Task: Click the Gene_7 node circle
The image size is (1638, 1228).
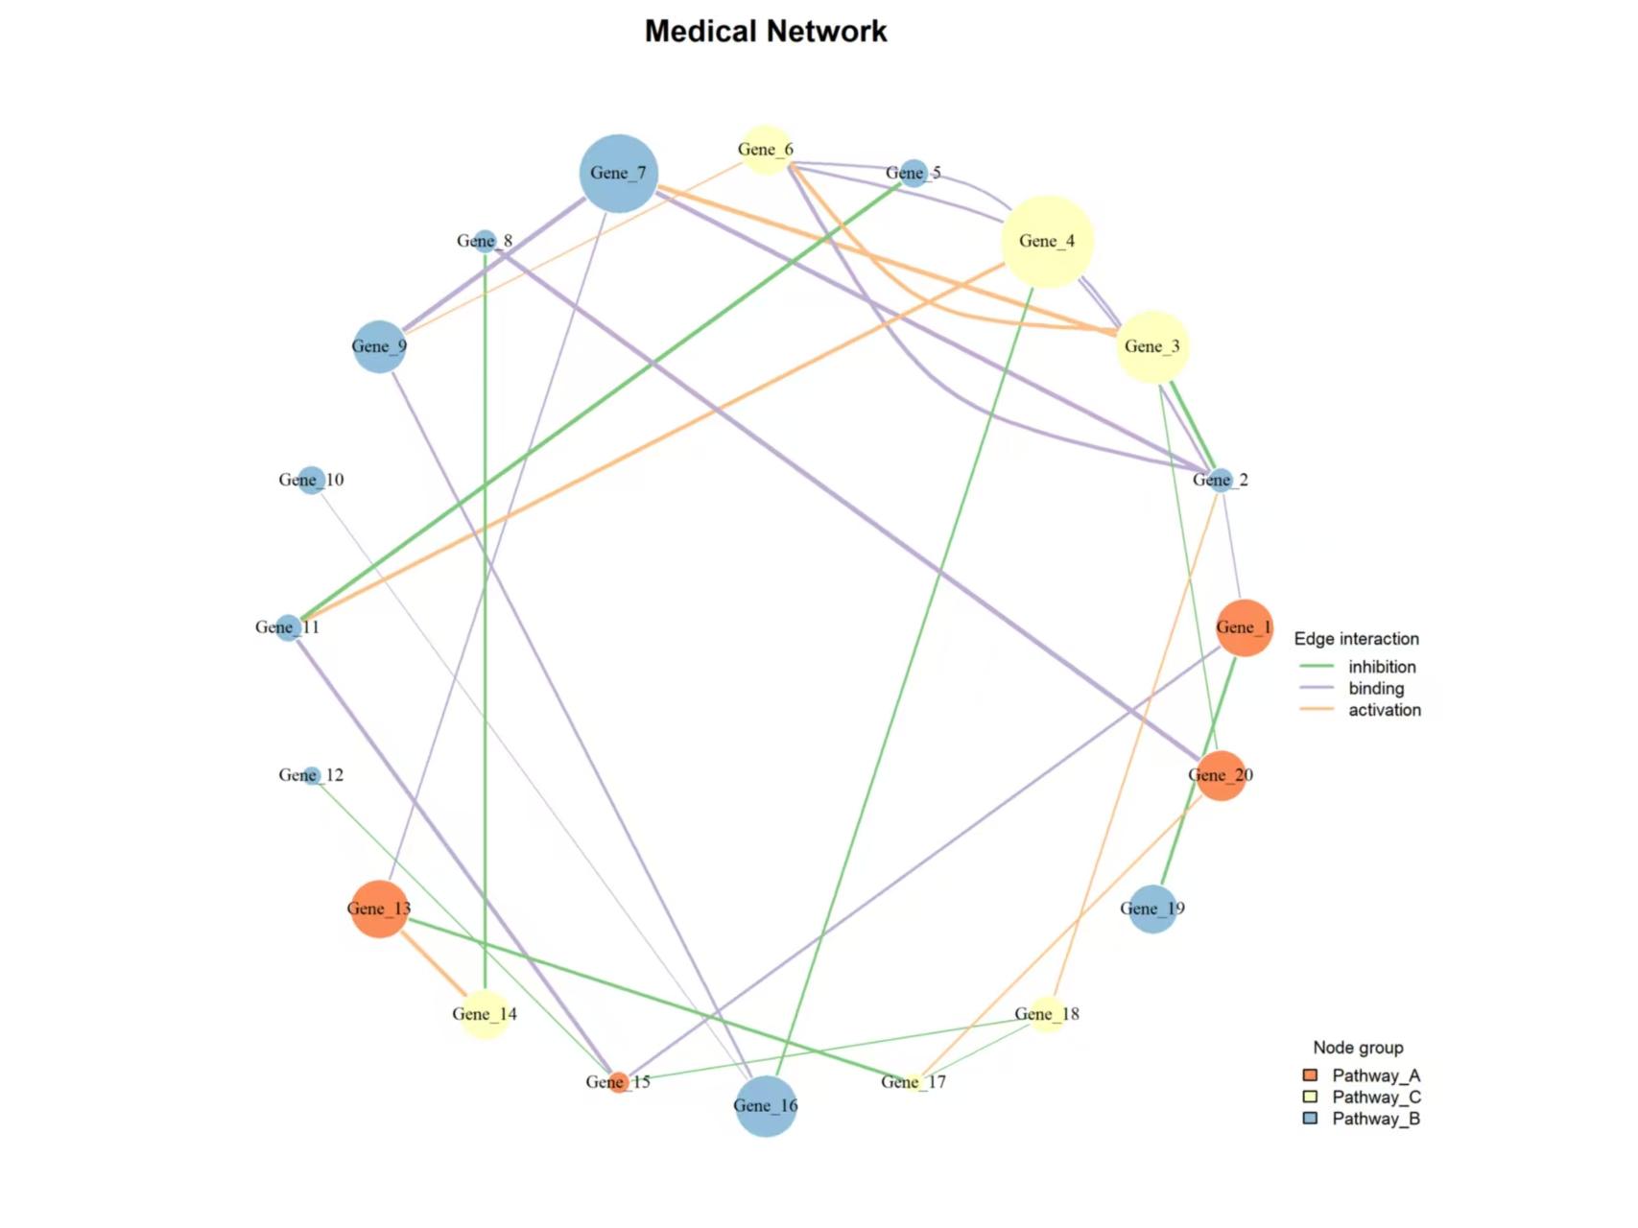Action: coord(619,174)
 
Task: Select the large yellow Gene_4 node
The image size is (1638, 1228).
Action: coord(1047,242)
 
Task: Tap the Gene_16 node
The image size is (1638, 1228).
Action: coord(766,1106)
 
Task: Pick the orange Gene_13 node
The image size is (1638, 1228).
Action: coord(380,909)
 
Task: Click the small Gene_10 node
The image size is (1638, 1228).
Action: coord(311,480)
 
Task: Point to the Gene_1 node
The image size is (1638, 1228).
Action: coord(1244,628)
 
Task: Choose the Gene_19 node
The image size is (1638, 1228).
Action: coord(1152,909)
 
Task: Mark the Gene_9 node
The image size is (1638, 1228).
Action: coord(380,346)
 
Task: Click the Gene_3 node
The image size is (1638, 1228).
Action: coord(1152,346)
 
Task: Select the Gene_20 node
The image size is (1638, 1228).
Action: coord(1221,775)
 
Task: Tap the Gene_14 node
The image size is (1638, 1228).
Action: coord(485,1014)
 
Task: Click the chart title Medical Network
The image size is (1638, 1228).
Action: coord(766,32)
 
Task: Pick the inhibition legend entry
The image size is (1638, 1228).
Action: coord(1382,667)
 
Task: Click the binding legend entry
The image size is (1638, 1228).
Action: coord(1376,688)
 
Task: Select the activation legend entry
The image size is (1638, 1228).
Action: coord(1384,710)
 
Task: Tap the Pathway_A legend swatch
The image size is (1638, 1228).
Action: coord(1310,1075)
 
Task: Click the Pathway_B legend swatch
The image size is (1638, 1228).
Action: coord(1310,1119)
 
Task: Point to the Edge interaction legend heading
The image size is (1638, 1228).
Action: coord(1356,639)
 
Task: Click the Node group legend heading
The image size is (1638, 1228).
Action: coord(1358,1048)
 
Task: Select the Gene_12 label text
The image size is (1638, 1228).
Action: coord(311,775)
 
